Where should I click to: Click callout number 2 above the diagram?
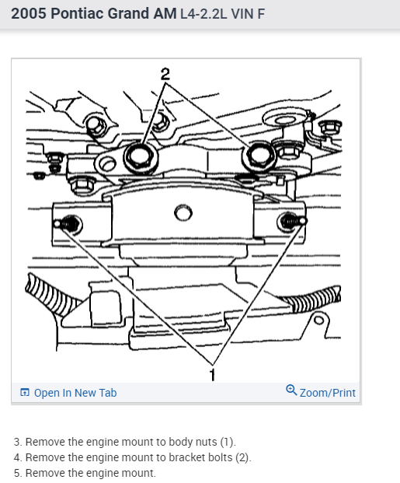[165, 74]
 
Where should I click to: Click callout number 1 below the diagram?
[212, 375]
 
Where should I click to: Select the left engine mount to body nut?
[68, 224]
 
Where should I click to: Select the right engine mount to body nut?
[290, 221]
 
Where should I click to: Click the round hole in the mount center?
[183, 213]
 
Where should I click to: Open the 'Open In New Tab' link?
[75, 393]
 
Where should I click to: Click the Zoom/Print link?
[328, 393]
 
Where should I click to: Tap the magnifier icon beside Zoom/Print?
[291, 390]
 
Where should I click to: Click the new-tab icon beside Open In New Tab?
[25, 393]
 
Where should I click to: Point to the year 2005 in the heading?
[29, 13]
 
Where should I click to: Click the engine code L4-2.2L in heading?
[203, 14]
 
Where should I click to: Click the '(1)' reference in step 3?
[228, 442]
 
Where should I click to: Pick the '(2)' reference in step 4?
[243, 457]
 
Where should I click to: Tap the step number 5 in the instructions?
[18, 473]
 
